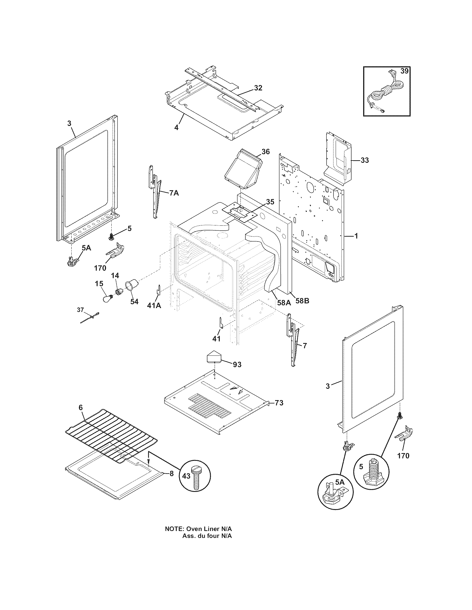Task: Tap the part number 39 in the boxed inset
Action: pos(404,71)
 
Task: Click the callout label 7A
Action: pos(174,193)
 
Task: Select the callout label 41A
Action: pos(154,306)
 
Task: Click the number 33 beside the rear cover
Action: pos(364,160)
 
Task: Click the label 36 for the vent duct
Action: pos(265,151)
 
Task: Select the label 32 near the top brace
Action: pos(258,88)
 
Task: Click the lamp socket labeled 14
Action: pos(120,292)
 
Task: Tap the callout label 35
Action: pos(270,202)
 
